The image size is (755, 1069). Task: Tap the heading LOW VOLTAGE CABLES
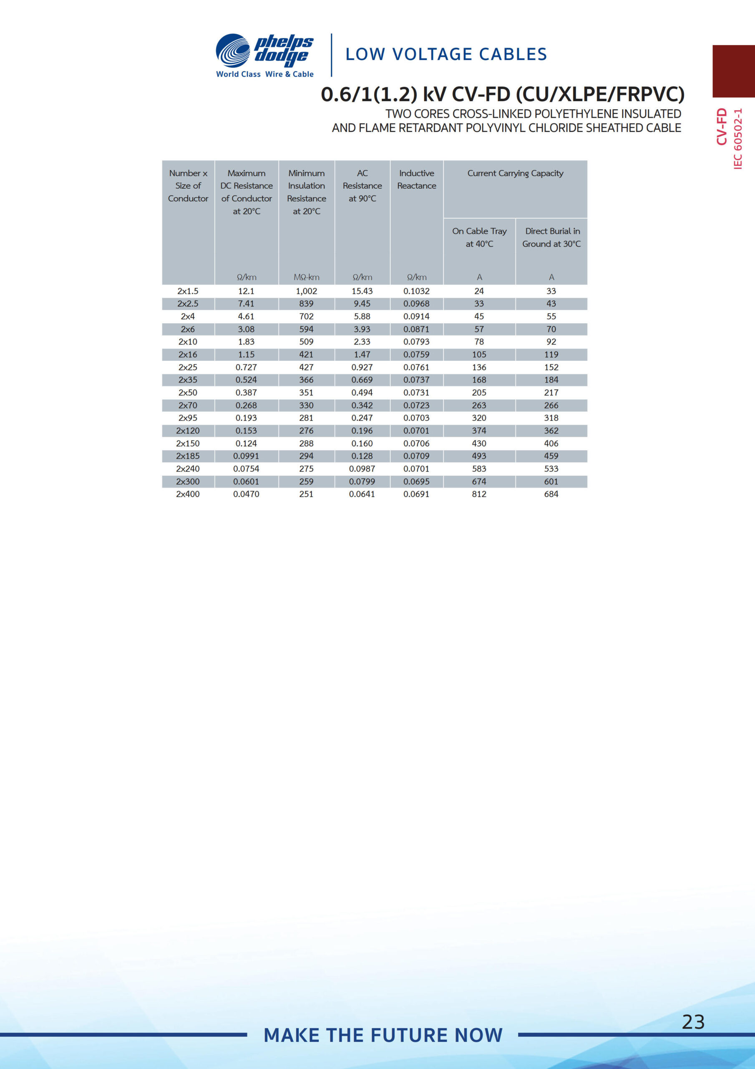[445, 54]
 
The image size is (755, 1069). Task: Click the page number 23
[693, 1021]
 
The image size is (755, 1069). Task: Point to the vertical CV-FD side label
[722, 127]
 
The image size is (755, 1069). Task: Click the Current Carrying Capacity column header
[515, 173]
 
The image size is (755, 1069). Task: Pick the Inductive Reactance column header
[416, 179]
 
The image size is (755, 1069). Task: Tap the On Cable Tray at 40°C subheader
[479, 237]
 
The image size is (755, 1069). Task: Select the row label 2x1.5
[188, 291]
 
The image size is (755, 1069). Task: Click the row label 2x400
[188, 494]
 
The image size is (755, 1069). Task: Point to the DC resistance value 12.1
[246, 291]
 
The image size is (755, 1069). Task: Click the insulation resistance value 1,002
[306, 291]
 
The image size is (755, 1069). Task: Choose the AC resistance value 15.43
[362, 291]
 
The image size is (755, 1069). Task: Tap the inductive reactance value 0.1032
[416, 291]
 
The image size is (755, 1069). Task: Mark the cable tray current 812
[479, 494]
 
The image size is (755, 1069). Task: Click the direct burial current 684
[551, 494]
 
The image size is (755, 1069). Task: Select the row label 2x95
[188, 418]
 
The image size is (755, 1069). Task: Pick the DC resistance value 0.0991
[246, 456]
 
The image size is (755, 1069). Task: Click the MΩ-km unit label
[306, 277]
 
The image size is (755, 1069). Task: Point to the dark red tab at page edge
[734, 71]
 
